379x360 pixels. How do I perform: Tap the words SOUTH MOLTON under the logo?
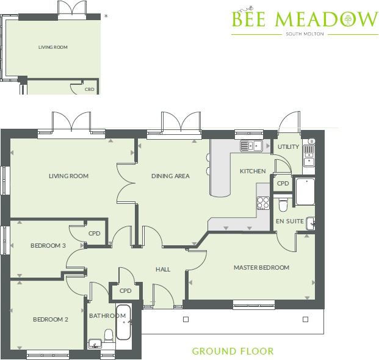click(305, 34)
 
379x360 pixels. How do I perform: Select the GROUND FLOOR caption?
click(233, 351)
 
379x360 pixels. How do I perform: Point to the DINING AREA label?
click(170, 176)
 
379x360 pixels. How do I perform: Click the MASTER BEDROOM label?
click(261, 267)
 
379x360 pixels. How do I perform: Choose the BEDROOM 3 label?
click(48, 246)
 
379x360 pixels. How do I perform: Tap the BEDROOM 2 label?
click(50, 319)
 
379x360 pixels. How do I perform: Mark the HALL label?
click(163, 269)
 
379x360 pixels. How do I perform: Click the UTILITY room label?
click(288, 147)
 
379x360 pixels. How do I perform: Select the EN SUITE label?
click(289, 221)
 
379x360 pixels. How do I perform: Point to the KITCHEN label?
click(253, 171)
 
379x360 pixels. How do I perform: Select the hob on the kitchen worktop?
click(263, 203)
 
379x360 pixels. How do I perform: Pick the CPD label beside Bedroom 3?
click(94, 233)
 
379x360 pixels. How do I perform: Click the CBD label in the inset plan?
click(90, 89)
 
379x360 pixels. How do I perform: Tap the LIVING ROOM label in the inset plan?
click(52, 47)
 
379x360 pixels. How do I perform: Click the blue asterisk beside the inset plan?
click(106, 16)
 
